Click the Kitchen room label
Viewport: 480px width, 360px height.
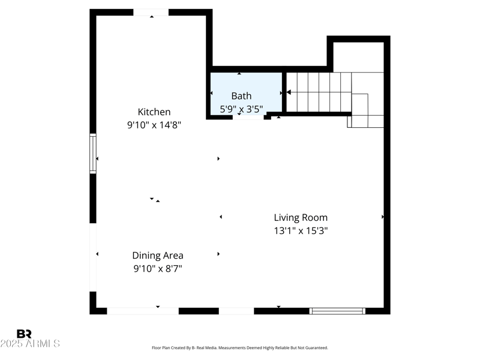(154, 112)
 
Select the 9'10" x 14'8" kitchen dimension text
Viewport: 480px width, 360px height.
(154, 125)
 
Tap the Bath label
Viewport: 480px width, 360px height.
(241, 95)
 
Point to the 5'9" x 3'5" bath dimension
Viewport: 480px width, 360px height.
(241, 109)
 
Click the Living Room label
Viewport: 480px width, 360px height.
(301, 218)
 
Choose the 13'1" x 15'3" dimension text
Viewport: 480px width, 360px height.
(301, 230)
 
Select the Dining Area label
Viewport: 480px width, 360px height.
(158, 256)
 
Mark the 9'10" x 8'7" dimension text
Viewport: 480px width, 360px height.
(158, 269)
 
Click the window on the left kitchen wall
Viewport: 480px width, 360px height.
(93, 154)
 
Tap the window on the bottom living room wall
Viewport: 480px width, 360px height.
(337, 311)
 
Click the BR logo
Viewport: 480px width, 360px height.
(24, 334)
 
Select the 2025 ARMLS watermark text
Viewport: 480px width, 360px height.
(30, 344)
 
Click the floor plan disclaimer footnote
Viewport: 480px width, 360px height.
(240, 348)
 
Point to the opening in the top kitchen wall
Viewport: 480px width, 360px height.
(151, 13)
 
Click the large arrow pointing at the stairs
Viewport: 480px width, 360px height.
(289, 92)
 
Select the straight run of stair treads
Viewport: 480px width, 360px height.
(318, 92)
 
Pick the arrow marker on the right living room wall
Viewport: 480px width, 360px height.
(383, 217)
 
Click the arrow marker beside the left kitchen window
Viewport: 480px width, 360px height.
(97, 159)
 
